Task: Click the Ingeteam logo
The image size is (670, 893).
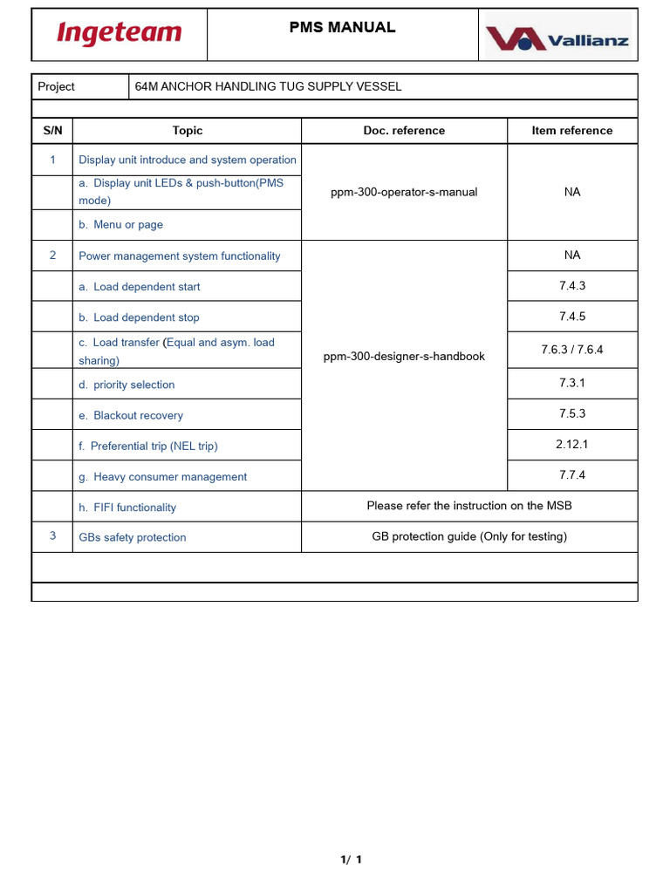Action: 119,34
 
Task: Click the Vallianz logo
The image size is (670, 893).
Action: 557,39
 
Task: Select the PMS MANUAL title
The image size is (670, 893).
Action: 342,27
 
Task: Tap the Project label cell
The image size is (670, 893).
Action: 57,86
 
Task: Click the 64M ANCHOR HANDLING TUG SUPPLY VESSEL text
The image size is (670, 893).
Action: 268,86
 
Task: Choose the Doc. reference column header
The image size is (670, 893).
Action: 404,131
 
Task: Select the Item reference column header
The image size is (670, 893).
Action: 572,131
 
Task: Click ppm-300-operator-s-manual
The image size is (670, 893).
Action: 404,192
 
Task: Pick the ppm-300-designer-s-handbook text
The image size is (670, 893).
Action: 404,356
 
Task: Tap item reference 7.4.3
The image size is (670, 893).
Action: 572,286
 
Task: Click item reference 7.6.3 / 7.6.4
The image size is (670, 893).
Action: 572,350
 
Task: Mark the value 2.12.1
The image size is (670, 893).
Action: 572,444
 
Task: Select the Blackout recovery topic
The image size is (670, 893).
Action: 131,415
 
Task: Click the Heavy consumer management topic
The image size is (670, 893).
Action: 162,476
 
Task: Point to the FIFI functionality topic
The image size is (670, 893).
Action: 127,507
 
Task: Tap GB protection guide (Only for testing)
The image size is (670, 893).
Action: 469,536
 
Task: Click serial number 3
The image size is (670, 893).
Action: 53,535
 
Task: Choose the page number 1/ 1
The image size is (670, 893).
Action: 351,860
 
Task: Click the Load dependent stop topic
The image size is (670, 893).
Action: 139,317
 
